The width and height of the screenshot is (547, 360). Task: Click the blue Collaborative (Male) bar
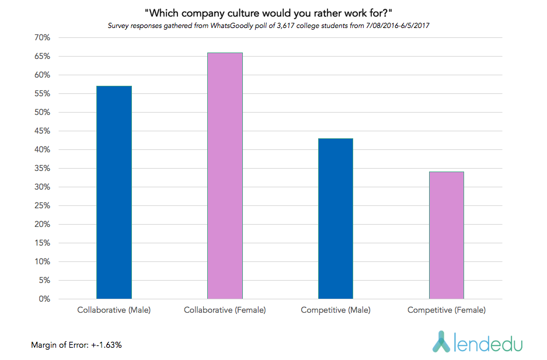click(x=114, y=193)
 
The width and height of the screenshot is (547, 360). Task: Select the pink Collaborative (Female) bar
click(x=225, y=176)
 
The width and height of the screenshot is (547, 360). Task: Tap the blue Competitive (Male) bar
click(x=336, y=219)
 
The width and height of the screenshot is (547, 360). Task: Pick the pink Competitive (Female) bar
click(x=446, y=235)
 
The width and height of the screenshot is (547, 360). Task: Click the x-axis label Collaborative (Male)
click(x=114, y=310)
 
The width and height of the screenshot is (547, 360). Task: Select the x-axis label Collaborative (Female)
click(x=225, y=310)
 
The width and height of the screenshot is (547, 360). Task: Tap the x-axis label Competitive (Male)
click(x=336, y=310)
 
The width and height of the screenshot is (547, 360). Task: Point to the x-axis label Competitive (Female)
click(x=446, y=310)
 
